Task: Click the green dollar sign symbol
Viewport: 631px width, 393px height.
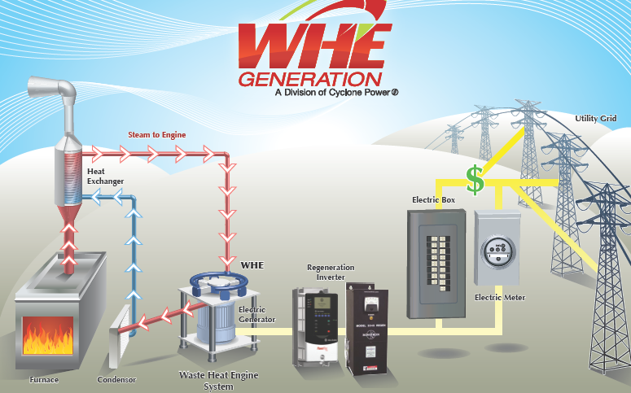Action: [x=475, y=180]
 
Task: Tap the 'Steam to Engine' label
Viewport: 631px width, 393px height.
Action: [x=157, y=134]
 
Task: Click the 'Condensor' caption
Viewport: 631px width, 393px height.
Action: [x=117, y=379]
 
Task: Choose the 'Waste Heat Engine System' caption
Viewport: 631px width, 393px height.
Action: [x=217, y=380]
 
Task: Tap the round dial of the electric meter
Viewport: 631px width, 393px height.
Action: [x=495, y=251]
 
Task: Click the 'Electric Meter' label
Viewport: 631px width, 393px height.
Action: [x=500, y=298]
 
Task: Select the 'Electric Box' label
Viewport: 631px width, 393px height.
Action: [x=433, y=199]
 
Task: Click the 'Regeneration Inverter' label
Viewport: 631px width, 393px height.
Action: [x=326, y=272]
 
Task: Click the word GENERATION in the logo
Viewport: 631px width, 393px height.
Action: [x=309, y=79]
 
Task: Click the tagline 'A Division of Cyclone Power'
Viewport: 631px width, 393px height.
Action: [x=335, y=93]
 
